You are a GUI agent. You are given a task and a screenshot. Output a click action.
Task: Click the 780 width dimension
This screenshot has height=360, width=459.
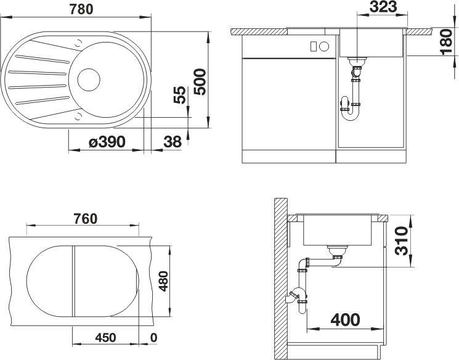(81, 9)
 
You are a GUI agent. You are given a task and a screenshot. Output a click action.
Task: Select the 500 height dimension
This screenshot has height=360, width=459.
(200, 82)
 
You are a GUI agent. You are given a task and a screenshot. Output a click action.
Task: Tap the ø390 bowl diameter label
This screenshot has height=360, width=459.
(107, 142)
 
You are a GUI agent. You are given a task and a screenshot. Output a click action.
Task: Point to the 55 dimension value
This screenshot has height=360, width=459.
(180, 94)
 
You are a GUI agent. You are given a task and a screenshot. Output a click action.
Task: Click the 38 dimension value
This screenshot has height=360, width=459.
(173, 142)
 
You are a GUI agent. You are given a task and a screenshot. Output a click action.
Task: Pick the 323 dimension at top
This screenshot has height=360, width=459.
(383, 7)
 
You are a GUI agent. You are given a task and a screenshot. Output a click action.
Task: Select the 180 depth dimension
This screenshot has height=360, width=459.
(447, 41)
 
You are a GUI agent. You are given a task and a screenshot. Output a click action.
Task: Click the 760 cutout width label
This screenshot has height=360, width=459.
(85, 219)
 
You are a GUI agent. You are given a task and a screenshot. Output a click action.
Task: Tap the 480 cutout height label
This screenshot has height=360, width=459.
(163, 281)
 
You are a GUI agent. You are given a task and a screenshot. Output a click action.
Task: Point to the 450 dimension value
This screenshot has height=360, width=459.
(105, 338)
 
